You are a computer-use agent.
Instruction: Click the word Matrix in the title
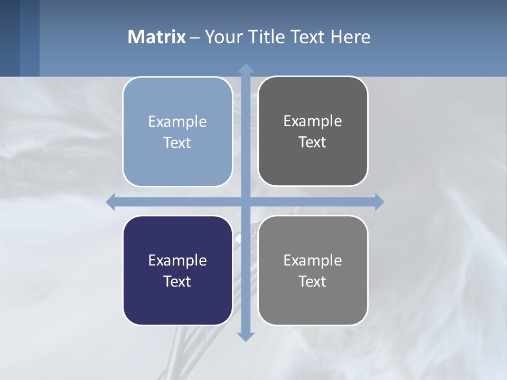coord(157,37)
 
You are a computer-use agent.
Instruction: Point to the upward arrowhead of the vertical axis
coord(246,69)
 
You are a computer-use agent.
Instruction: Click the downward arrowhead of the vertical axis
coord(246,336)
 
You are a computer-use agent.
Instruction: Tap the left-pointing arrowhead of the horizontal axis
coord(111,202)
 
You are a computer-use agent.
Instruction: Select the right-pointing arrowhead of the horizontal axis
coord(379,202)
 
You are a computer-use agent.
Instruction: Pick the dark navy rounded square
coord(177,301)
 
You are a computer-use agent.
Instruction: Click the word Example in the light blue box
coord(177,122)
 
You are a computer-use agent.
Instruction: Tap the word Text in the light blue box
coord(177,143)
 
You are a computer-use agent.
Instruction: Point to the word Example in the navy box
coord(177,261)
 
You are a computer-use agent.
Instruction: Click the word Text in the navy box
coord(177,282)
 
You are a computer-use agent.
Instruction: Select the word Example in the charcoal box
coord(313,121)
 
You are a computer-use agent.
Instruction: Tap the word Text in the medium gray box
coord(313,282)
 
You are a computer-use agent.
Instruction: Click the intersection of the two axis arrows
coord(246,202)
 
